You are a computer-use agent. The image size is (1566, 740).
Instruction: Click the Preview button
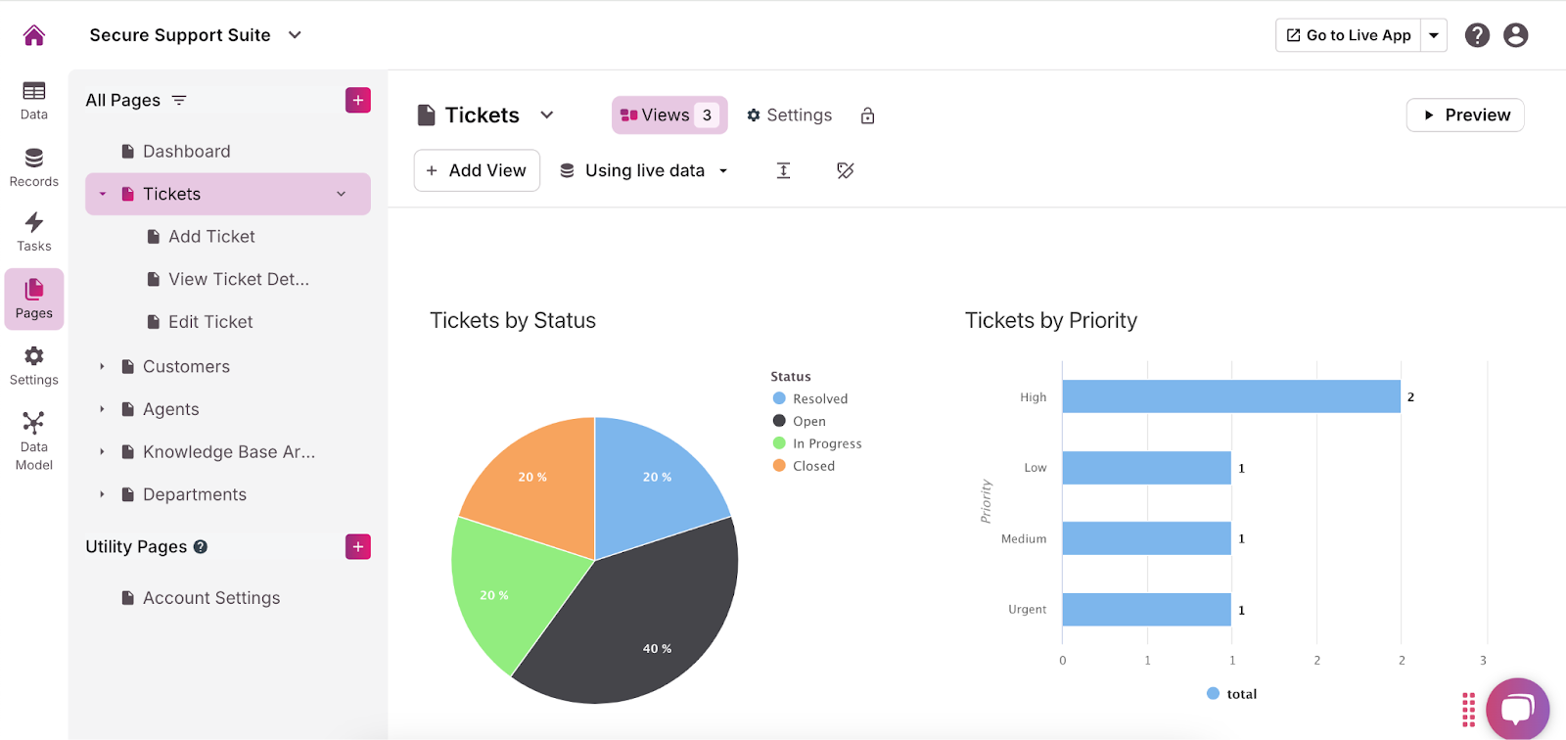[1465, 116]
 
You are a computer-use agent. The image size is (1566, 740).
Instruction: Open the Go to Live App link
[1349, 35]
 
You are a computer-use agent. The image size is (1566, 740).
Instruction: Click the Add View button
[477, 170]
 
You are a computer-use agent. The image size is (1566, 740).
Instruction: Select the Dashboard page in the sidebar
[186, 152]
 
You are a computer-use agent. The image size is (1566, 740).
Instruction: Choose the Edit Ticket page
[209, 322]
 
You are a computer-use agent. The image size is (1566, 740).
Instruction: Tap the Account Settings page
[210, 598]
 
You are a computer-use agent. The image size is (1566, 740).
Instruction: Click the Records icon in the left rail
[34, 166]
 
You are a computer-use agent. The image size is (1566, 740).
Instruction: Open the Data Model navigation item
[34, 439]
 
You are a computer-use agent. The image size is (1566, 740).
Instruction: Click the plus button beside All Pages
[358, 101]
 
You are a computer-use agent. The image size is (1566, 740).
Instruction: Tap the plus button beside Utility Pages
[358, 547]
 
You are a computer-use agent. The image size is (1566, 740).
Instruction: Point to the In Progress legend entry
[826, 443]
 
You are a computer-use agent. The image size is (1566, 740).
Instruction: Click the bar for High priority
[1230, 396]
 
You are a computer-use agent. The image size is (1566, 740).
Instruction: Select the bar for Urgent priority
[1146, 610]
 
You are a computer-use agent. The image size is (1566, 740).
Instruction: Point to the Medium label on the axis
[1024, 539]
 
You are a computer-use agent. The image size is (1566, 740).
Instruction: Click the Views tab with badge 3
[669, 116]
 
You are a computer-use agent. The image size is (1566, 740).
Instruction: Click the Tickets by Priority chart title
[1050, 321]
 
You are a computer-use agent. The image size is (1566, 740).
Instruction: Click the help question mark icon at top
[1477, 35]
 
